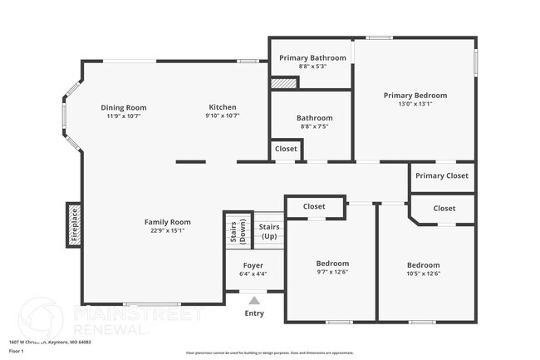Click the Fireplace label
coord(74,224)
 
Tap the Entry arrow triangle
coord(254,301)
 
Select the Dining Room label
coord(124,107)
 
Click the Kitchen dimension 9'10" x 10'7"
coord(223,116)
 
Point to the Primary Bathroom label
coord(312,57)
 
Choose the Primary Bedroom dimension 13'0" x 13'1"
coord(415,104)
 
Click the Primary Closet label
coord(442,176)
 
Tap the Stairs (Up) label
coord(269,231)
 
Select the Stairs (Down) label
coord(233,232)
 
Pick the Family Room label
coord(167,222)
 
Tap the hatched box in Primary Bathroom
coord(285,83)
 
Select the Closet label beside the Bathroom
coord(286,149)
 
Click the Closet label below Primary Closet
coord(444,209)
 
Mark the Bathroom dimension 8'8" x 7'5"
coord(314,127)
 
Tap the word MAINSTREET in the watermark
coord(138,314)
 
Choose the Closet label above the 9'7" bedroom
coord(314,206)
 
